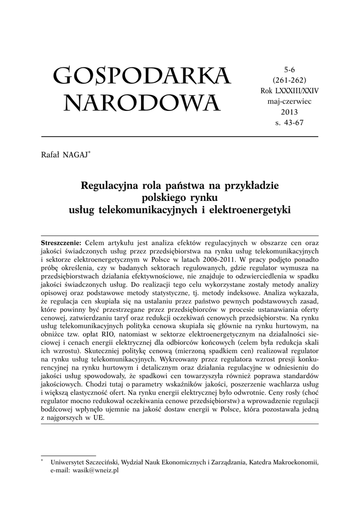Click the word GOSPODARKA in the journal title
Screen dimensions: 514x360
pyautogui.click(x=142, y=76)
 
